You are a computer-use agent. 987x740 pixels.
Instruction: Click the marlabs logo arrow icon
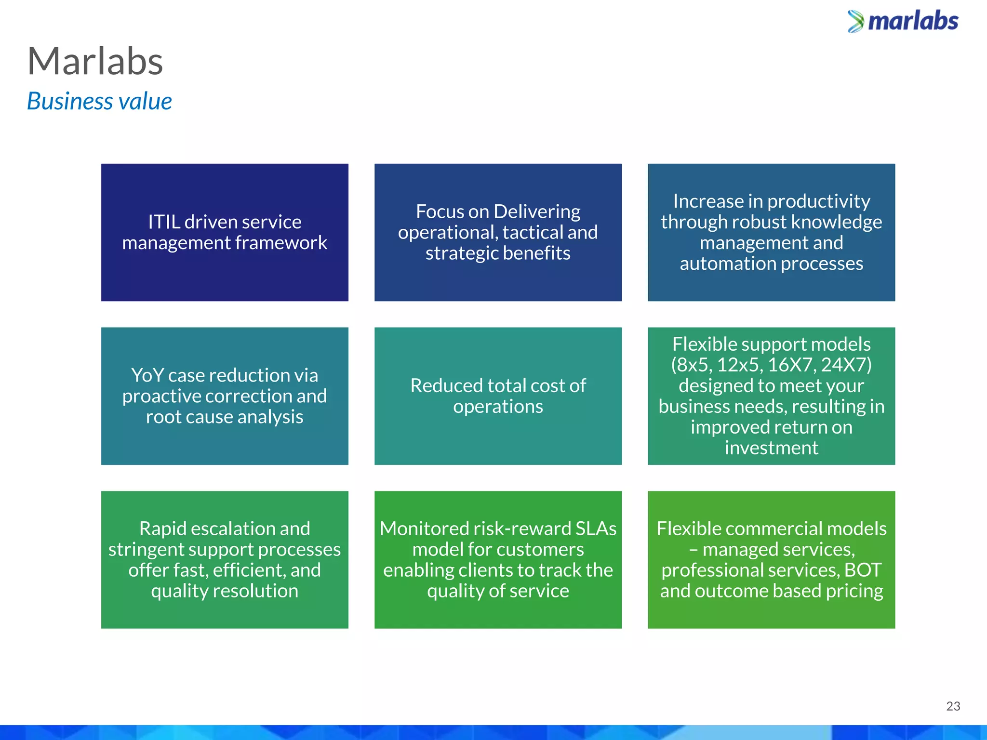(x=855, y=22)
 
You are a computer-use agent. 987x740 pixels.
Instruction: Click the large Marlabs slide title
(x=95, y=62)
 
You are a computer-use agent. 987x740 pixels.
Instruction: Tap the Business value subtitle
(x=99, y=102)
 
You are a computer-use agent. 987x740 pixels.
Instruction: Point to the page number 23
(x=953, y=706)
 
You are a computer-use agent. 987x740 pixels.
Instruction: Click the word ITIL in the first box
(x=164, y=222)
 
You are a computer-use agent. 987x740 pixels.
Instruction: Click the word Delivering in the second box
(x=537, y=212)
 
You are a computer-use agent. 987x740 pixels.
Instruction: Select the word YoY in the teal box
(x=147, y=375)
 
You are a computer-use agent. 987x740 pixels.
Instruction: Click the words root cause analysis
(x=225, y=417)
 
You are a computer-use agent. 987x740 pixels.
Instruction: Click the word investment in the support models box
(x=771, y=448)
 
